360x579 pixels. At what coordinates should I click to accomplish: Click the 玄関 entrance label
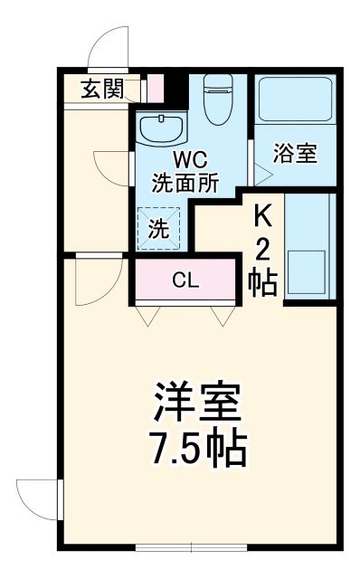tap(101, 89)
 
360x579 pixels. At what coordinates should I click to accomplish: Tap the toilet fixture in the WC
tap(218, 100)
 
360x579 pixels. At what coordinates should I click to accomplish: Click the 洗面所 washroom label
tap(185, 183)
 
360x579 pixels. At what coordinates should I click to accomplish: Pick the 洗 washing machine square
tap(157, 229)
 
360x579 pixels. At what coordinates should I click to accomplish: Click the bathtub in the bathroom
tap(294, 104)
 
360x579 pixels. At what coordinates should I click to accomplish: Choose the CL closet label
tap(185, 280)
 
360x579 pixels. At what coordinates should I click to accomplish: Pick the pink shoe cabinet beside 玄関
tap(154, 89)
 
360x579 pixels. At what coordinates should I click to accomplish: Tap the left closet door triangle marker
tap(147, 316)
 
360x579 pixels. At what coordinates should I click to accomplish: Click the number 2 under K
tap(262, 249)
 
